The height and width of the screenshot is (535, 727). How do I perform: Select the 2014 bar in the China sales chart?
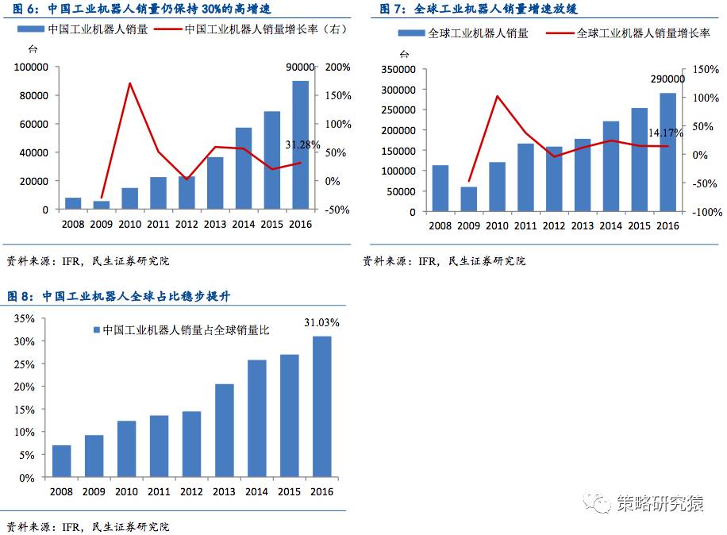[244, 168]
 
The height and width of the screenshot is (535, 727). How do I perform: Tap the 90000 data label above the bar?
[301, 68]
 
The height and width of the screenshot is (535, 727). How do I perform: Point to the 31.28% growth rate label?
[302, 144]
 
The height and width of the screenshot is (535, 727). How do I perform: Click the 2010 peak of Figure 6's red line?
[129, 83]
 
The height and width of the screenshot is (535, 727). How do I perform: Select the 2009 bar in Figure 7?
[469, 199]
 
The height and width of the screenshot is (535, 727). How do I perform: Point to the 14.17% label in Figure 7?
[665, 133]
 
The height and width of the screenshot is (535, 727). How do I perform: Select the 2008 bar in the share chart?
[62, 461]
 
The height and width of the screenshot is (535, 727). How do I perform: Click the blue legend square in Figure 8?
[97, 330]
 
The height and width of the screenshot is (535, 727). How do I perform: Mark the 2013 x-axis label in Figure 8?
[225, 492]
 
